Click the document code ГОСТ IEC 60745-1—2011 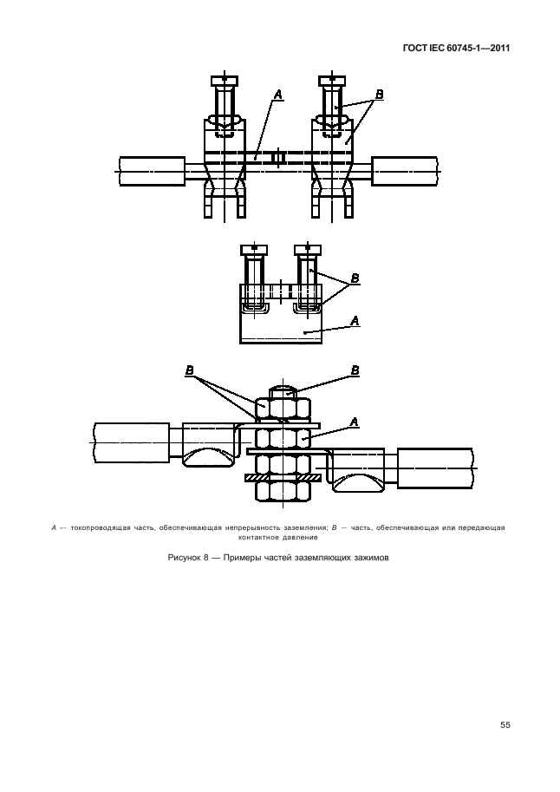457,49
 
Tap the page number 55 505,725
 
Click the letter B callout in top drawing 380,95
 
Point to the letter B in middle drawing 355,278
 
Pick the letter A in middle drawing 355,320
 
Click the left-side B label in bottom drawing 189,370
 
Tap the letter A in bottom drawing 354,422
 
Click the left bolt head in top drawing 225,81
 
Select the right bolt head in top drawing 332,81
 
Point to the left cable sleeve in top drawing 152,172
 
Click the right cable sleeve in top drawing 405,172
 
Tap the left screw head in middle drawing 254,250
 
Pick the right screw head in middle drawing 307,250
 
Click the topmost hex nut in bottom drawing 283,407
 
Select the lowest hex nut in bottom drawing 283,491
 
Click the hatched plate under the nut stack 283,476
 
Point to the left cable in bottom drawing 131,442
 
